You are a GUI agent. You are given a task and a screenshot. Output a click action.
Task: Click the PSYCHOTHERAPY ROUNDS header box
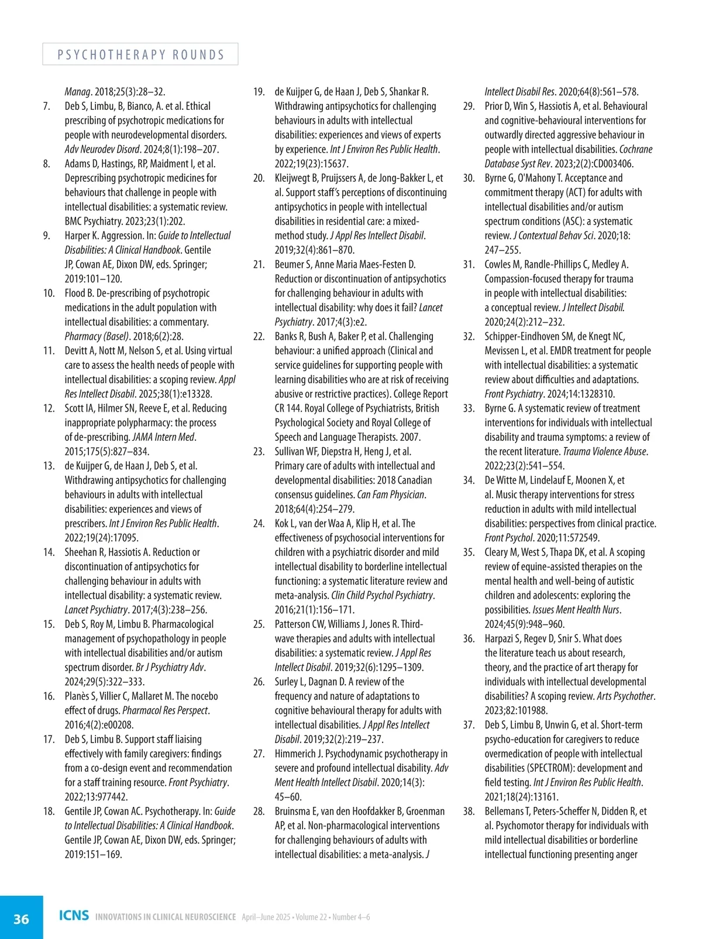pyautogui.click(x=140, y=54)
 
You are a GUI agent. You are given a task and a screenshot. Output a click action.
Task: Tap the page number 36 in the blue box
pyautogui.click(x=21, y=919)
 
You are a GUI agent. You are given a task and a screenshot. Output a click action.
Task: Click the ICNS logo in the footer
pyautogui.click(x=74, y=916)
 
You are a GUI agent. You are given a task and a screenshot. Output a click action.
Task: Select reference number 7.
pyautogui.click(x=47, y=106)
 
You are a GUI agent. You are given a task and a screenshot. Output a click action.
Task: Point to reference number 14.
pyautogui.click(x=49, y=553)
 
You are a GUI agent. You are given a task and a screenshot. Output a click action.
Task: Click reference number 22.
pyautogui.click(x=259, y=337)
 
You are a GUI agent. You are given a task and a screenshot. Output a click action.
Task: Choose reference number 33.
pyautogui.click(x=469, y=409)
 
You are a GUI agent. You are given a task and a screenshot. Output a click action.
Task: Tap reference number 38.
pyautogui.click(x=469, y=812)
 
